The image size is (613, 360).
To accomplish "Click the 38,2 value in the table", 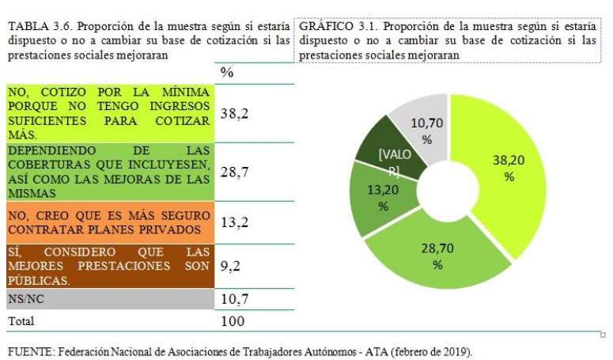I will coord(234,114).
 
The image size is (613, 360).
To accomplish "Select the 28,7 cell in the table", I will coord(234,172).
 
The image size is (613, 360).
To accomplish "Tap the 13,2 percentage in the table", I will coord(234,222).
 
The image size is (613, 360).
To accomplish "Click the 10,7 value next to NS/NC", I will coord(234,299).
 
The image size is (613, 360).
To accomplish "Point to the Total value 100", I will coord(233,321).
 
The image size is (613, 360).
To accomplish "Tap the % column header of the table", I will coord(227,73).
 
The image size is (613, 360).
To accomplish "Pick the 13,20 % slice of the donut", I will coord(383,198).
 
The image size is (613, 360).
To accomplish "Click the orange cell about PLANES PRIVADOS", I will coord(109,222).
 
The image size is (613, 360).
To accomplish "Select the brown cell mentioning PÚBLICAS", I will coord(109,267).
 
